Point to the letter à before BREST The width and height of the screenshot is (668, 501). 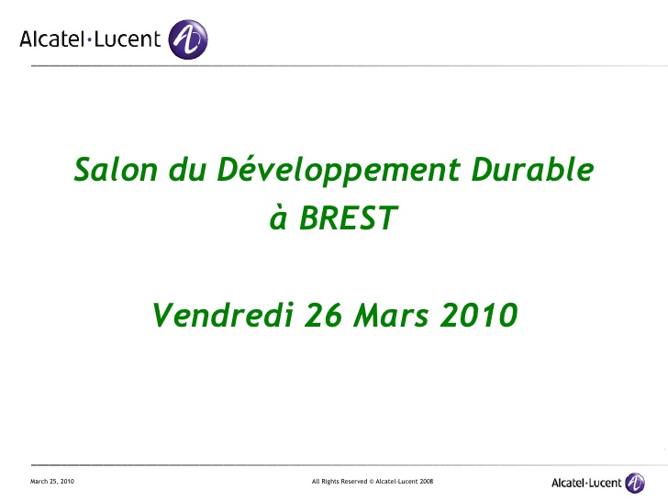coord(277,219)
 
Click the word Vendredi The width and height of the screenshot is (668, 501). coord(221,315)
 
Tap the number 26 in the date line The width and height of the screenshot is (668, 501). coord(323,315)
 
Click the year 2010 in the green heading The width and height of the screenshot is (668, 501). coord(479,315)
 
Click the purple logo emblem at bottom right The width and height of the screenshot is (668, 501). coord(635,483)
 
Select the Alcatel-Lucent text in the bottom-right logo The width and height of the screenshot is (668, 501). coord(585,483)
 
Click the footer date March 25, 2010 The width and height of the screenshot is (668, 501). coord(51,482)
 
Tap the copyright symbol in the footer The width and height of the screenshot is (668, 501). coord(373,482)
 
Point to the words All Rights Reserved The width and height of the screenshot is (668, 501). coord(340,482)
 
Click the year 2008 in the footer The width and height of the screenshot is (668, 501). coord(426,482)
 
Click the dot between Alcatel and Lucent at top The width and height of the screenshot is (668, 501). coord(92,39)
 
